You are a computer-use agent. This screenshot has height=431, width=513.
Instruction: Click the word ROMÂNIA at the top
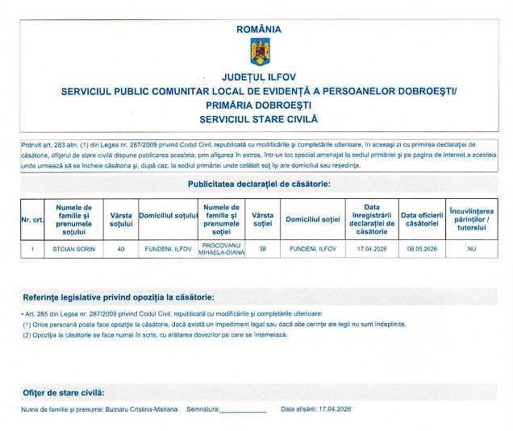coord(259,30)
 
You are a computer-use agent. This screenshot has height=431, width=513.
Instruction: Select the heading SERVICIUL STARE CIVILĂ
coord(259,118)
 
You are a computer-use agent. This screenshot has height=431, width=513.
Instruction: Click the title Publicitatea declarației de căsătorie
coord(259,184)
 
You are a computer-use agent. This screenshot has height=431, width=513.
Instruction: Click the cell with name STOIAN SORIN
coord(74,249)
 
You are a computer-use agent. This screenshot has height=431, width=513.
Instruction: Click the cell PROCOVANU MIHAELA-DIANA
coord(222,249)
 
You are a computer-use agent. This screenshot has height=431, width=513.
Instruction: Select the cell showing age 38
coord(262,249)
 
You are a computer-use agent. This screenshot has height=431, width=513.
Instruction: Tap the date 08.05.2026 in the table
coord(422,249)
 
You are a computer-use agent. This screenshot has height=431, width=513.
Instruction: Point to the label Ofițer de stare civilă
coord(64,392)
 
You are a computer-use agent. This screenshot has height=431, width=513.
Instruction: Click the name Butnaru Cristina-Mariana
coord(137,409)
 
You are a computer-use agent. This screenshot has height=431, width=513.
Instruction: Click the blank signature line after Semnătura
coord(243,411)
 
